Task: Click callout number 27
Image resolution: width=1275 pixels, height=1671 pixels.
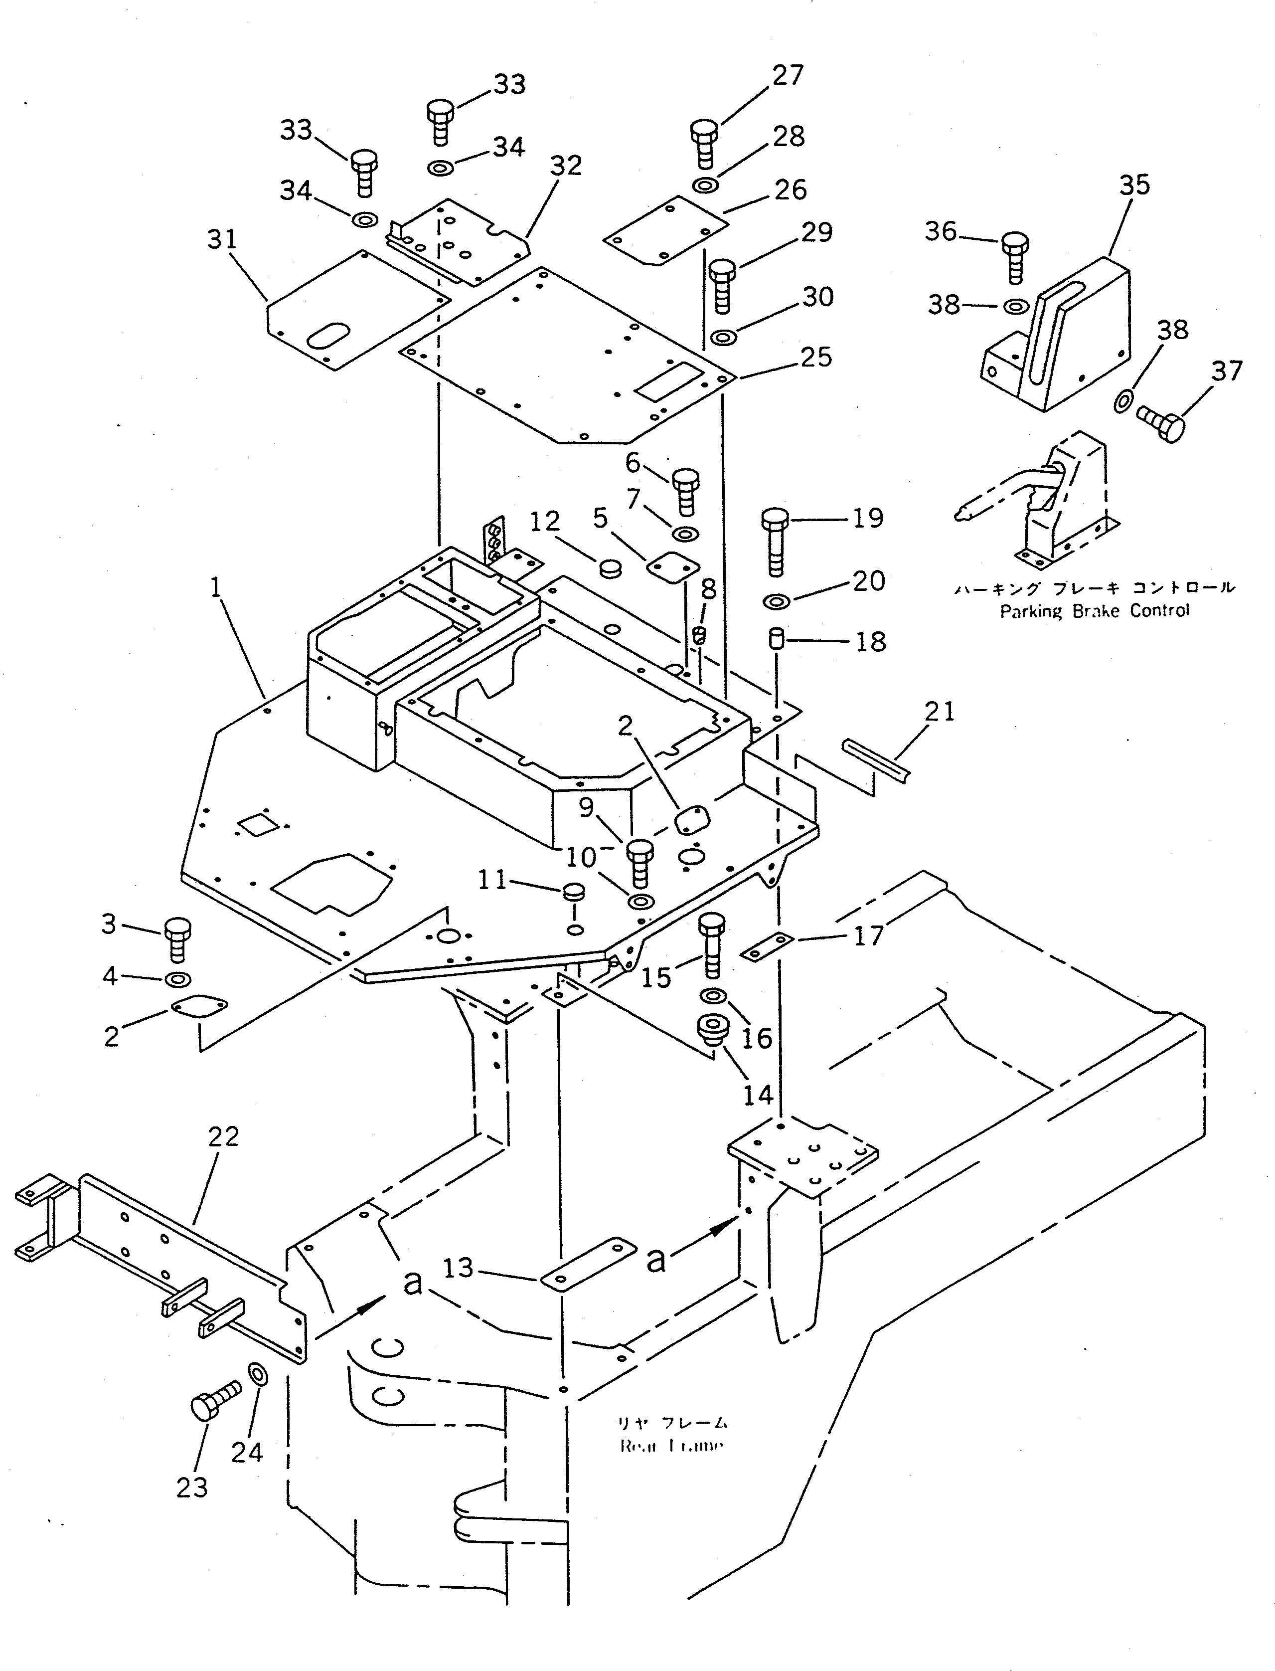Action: coord(788,75)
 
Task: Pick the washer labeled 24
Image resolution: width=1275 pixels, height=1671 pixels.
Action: coord(257,1373)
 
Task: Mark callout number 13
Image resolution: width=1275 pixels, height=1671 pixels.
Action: coord(458,1268)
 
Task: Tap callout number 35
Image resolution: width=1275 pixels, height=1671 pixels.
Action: coord(1134,185)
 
